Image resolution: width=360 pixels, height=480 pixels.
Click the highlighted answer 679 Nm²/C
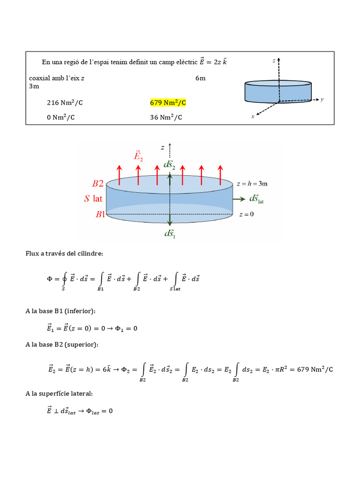tap(168, 103)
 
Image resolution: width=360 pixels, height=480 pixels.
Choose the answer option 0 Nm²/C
tap(60, 117)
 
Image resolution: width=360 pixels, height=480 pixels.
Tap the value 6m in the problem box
tap(200, 78)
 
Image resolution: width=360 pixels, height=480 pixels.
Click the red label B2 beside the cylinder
tap(99, 184)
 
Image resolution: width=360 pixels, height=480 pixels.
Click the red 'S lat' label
tap(93, 199)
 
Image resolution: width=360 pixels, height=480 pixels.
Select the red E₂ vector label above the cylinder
tap(138, 156)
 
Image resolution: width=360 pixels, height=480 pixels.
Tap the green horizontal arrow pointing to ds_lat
tap(239, 199)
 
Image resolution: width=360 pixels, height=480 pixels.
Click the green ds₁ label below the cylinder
tap(170, 234)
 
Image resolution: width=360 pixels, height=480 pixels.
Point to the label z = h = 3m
tap(252, 184)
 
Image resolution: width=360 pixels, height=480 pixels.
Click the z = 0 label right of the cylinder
tap(246, 215)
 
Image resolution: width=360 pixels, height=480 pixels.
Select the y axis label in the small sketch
tap(322, 99)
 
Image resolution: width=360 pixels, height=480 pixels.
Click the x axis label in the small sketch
tap(253, 117)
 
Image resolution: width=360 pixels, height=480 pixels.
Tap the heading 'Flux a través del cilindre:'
tap(64, 254)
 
